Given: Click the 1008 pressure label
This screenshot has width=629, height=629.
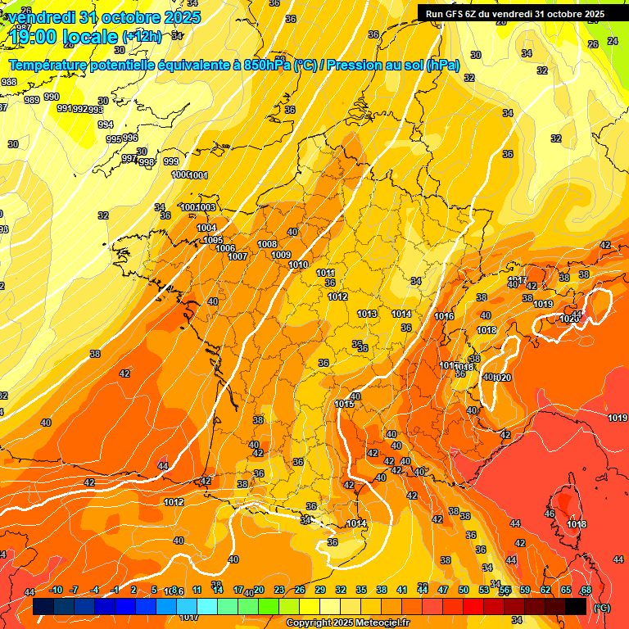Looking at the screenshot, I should (x=267, y=245).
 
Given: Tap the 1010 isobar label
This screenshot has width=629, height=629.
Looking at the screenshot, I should (x=298, y=265).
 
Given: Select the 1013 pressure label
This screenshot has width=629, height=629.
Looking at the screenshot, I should (x=367, y=314).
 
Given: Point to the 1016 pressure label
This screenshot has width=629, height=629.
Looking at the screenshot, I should (x=444, y=316).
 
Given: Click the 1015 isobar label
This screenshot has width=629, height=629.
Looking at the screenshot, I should (x=344, y=404).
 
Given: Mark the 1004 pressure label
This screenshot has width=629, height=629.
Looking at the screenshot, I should (x=206, y=228).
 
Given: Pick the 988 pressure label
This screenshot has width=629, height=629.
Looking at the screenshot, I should (x=9, y=82).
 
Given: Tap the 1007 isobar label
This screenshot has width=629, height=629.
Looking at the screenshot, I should (x=238, y=256).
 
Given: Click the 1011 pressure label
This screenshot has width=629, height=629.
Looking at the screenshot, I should (x=325, y=274).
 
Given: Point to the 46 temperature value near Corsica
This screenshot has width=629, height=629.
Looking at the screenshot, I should (x=549, y=514).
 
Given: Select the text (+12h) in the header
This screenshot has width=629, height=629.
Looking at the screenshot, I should (x=142, y=36).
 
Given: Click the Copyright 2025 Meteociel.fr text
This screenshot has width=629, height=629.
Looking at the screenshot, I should (x=348, y=622).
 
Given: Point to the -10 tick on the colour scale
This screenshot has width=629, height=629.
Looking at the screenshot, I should (x=56, y=590).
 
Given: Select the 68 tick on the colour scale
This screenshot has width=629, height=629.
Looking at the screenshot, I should (x=586, y=590).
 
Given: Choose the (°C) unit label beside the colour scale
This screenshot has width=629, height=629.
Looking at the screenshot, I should (x=602, y=608).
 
